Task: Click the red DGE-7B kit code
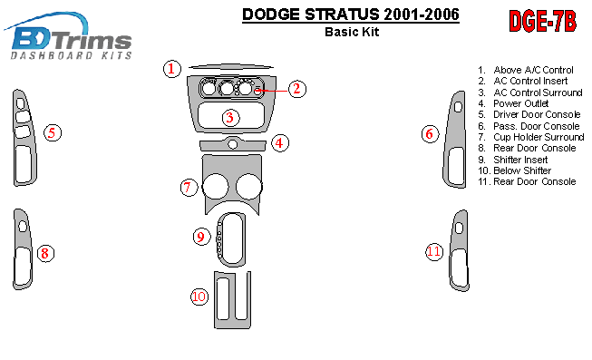(x=542, y=22)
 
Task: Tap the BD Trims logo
(x=68, y=36)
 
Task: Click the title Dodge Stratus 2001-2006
(x=351, y=15)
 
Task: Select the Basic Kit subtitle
(x=352, y=32)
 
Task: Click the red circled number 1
(x=171, y=69)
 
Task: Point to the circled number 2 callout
(x=297, y=89)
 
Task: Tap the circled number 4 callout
(x=280, y=142)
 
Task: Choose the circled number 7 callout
(x=189, y=187)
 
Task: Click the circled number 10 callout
(x=199, y=297)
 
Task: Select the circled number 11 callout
(x=434, y=251)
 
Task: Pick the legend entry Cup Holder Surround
(x=531, y=137)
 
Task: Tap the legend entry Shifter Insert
(x=513, y=160)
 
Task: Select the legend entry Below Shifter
(x=515, y=170)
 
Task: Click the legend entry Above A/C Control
(x=526, y=70)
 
